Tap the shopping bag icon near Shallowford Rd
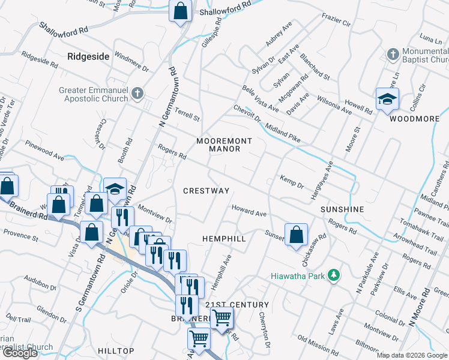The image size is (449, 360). point(180,11)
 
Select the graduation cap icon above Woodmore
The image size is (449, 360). point(387,99)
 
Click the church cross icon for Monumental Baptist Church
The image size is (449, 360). point(393,55)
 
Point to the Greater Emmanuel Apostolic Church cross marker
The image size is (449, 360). point(137,93)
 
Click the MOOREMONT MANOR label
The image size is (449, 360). point(224,145)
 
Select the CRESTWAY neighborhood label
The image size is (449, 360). point(206,190)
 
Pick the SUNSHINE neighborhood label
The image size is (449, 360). point(342,209)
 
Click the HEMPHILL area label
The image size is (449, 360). point(224,238)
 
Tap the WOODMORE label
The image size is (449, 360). point(414,119)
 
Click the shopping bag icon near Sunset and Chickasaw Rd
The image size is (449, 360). point(297,234)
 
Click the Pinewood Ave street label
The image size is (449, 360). point(44,151)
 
